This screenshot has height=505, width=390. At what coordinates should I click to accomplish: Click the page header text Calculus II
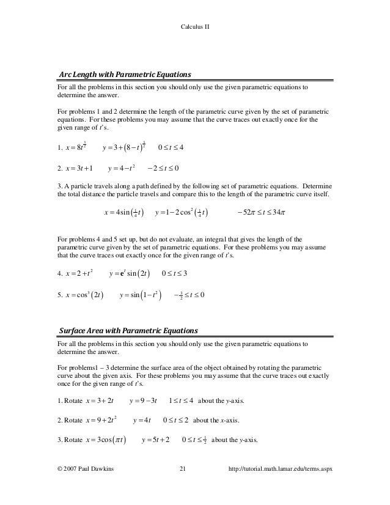(195, 27)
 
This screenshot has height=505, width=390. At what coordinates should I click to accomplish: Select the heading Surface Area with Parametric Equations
(128, 331)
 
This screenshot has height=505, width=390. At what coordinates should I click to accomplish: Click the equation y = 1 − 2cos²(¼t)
(182, 213)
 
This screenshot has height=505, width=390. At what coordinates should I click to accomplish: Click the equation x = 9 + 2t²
(102, 421)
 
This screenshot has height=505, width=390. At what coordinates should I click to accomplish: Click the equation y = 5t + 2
(155, 440)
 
